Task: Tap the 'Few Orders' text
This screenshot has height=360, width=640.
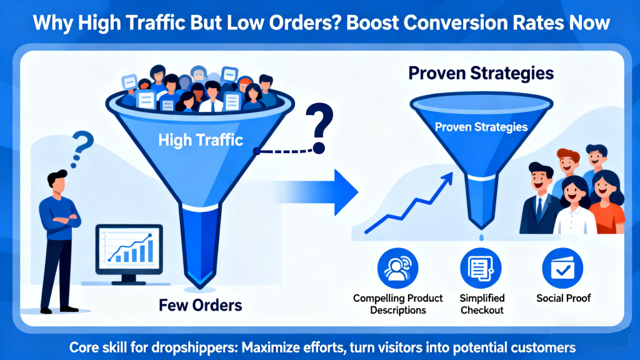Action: [x=200, y=306]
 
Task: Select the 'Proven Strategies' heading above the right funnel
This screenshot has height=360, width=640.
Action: [x=481, y=73]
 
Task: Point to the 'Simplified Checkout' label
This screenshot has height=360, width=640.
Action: [x=482, y=304]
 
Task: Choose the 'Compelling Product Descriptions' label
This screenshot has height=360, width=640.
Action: [x=398, y=304]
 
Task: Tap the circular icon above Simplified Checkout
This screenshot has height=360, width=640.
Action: [x=481, y=268]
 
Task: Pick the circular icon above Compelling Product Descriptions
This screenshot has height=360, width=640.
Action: [x=398, y=268]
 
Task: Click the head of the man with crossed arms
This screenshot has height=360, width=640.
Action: [x=57, y=182]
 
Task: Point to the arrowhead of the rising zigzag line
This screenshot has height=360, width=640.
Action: [x=447, y=179]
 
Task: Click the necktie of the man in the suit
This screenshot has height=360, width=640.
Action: [x=539, y=211]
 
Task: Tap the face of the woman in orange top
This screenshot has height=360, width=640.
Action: [x=604, y=187]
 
